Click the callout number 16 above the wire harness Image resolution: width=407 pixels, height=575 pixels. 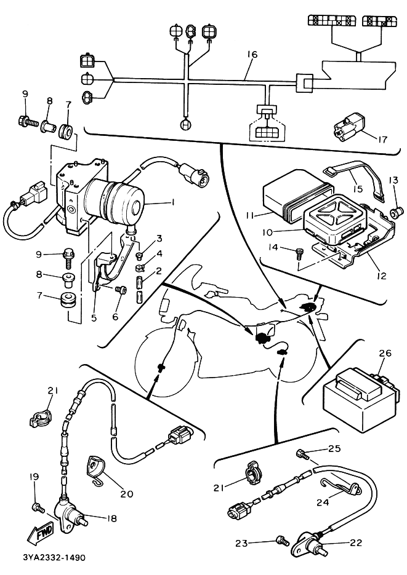coord(252,55)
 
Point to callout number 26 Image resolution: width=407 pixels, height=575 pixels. coord(385,354)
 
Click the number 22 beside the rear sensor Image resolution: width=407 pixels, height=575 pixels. coord(355,543)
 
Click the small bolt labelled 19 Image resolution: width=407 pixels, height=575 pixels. coord(38,507)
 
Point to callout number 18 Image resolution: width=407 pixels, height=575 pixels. coord(111,518)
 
